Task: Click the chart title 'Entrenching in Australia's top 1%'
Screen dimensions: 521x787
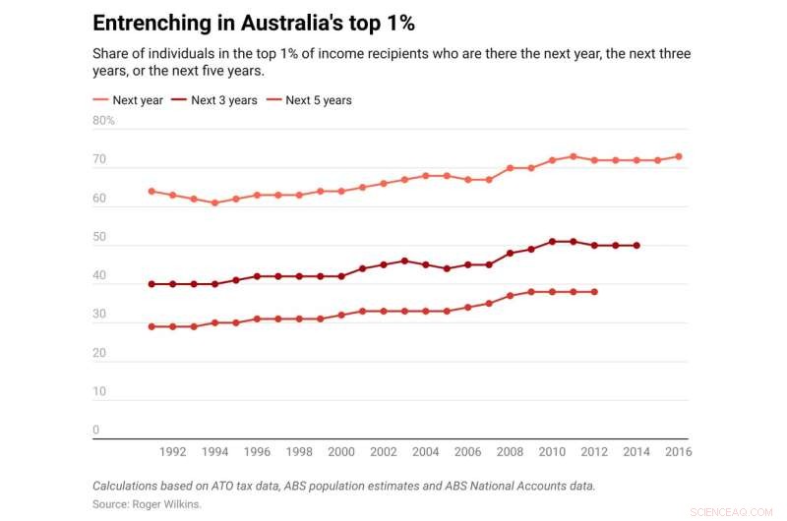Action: tap(247, 23)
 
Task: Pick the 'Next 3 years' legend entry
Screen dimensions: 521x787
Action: tap(217, 100)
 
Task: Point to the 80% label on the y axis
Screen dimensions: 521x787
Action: tap(104, 121)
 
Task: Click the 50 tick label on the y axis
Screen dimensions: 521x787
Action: tap(99, 237)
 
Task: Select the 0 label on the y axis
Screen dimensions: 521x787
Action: tap(96, 430)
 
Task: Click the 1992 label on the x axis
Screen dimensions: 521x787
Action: tap(172, 452)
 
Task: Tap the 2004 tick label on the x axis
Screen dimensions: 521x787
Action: tap(426, 452)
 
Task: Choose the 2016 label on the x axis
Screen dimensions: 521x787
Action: tap(679, 452)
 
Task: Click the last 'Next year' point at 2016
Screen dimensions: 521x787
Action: tap(679, 156)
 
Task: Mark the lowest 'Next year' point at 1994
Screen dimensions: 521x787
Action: tap(214, 203)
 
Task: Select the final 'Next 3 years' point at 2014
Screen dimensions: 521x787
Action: tap(636, 245)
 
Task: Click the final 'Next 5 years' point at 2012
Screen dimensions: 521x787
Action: tap(594, 291)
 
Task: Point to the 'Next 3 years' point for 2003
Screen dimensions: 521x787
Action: tap(404, 260)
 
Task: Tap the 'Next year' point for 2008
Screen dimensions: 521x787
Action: tap(510, 168)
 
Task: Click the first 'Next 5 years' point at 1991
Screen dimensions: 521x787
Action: tap(151, 326)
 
